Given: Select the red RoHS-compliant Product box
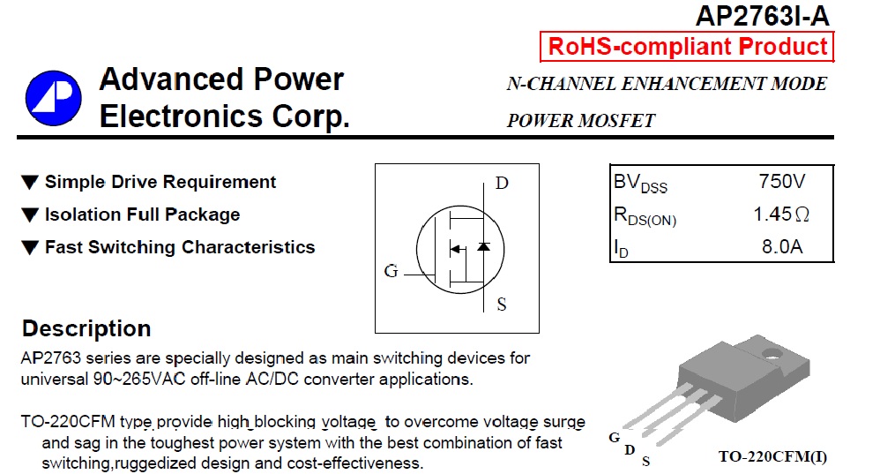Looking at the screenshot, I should [x=687, y=47].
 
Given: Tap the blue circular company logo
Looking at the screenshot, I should [x=53, y=97].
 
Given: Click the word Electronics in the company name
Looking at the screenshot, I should [x=182, y=117].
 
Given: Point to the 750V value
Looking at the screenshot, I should [x=782, y=183].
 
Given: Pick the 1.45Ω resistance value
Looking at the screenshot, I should [x=781, y=214].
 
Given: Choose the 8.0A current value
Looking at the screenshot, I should [x=782, y=246].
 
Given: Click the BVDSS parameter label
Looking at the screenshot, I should [x=640, y=184].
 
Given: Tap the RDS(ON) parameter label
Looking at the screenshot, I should [x=645, y=216].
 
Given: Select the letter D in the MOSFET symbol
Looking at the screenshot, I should [x=502, y=184].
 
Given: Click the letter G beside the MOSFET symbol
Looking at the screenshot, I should [x=392, y=271].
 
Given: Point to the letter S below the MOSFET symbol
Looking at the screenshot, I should [x=502, y=305].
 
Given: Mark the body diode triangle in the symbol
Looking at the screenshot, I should [x=483, y=247].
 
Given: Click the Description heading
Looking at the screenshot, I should [x=86, y=329].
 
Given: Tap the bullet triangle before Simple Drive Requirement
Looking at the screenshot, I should [x=30, y=183].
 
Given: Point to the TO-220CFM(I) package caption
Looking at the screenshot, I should [x=772, y=457].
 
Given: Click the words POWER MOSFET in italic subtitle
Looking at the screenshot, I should [x=580, y=121].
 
